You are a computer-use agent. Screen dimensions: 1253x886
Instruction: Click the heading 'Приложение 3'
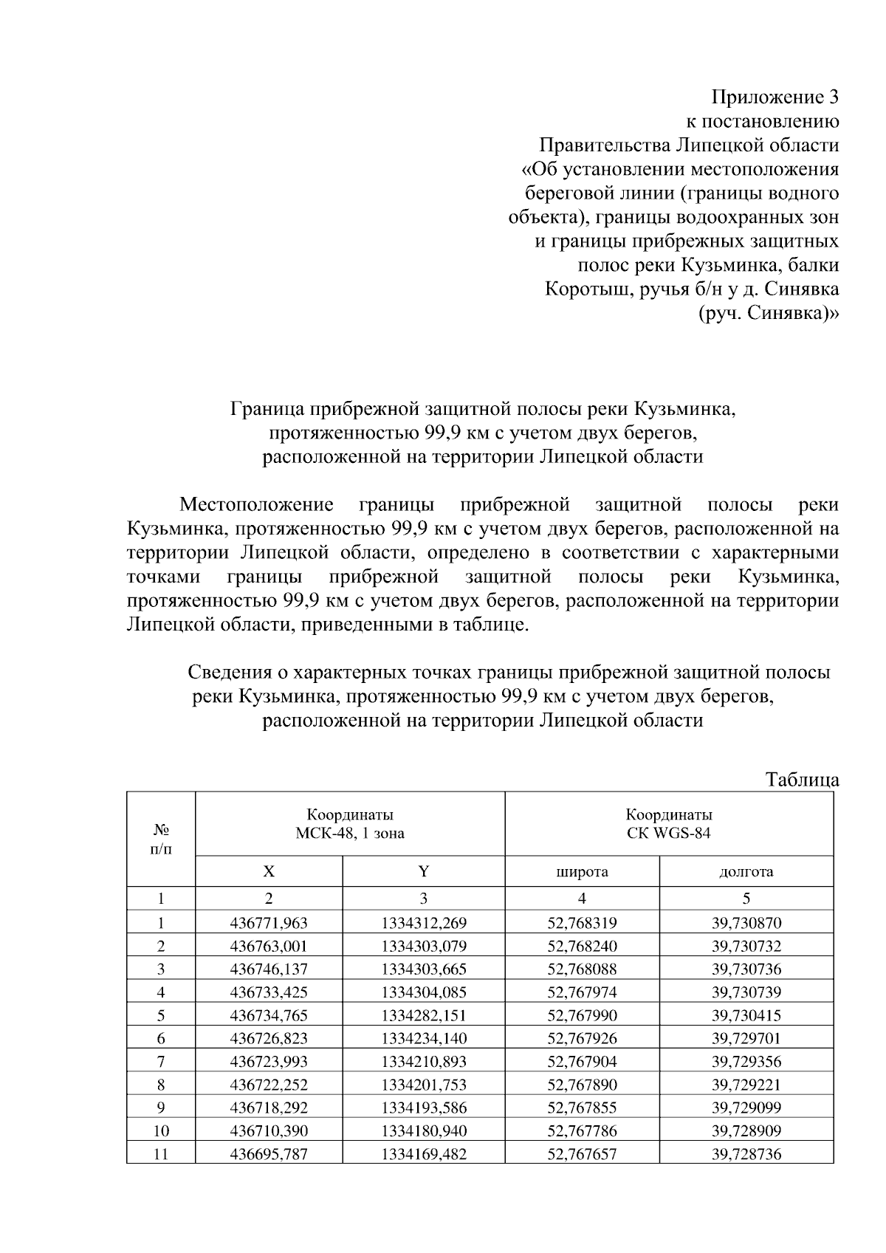(775, 97)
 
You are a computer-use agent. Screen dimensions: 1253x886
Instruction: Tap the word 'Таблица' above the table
(802, 780)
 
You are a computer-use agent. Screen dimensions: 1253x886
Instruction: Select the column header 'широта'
(582, 872)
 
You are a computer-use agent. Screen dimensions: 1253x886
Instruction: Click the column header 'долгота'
(746, 872)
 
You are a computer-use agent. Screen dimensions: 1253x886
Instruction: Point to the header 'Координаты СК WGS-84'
(669, 824)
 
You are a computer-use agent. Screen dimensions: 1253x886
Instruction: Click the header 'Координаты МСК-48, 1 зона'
(350, 824)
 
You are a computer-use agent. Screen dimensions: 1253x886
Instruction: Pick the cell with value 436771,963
(269, 923)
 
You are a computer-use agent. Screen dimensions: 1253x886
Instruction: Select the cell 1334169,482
(424, 1154)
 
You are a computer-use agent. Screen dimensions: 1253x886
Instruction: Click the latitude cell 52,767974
(582, 992)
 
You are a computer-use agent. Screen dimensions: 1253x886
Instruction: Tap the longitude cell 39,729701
(746, 1039)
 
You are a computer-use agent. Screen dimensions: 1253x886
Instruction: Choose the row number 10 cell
(161, 1131)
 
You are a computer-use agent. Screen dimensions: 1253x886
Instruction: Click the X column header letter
(269, 872)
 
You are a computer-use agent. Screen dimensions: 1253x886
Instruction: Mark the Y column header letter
(424, 872)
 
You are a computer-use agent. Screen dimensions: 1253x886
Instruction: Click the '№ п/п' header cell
(161, 840)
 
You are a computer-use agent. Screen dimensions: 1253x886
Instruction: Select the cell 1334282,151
(424, 1015)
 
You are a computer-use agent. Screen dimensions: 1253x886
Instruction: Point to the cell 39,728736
(746, 1154)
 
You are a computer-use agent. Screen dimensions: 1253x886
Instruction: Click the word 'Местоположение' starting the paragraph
(256, 505)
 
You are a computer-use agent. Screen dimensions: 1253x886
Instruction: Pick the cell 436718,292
(269, 1108)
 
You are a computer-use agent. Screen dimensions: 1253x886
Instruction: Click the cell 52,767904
(582, 1062)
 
